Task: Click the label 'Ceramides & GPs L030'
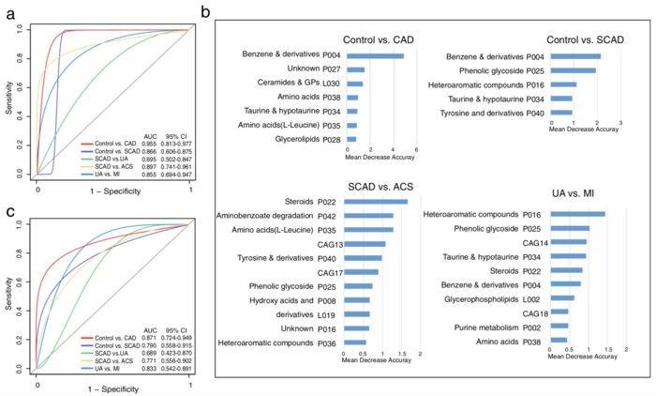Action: click(x=295, y=84)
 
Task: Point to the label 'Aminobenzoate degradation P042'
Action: click(x=282, y=216)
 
